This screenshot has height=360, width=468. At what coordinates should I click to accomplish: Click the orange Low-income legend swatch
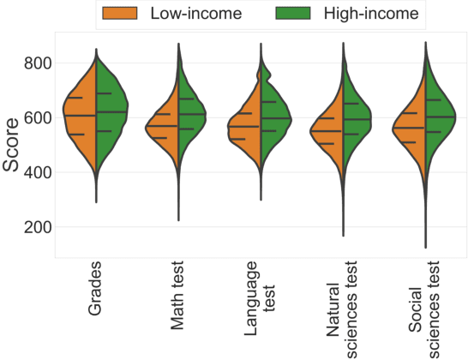[123, 14]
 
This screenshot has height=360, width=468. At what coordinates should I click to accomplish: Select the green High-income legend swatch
[297, 14]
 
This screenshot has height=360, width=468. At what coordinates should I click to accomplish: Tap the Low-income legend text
[195, 14]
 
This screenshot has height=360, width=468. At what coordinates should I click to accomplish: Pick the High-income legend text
[371, 14]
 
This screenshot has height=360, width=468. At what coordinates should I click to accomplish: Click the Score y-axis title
[12, 143]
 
